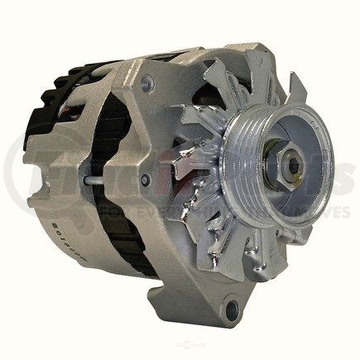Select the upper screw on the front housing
tap(147, 83)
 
